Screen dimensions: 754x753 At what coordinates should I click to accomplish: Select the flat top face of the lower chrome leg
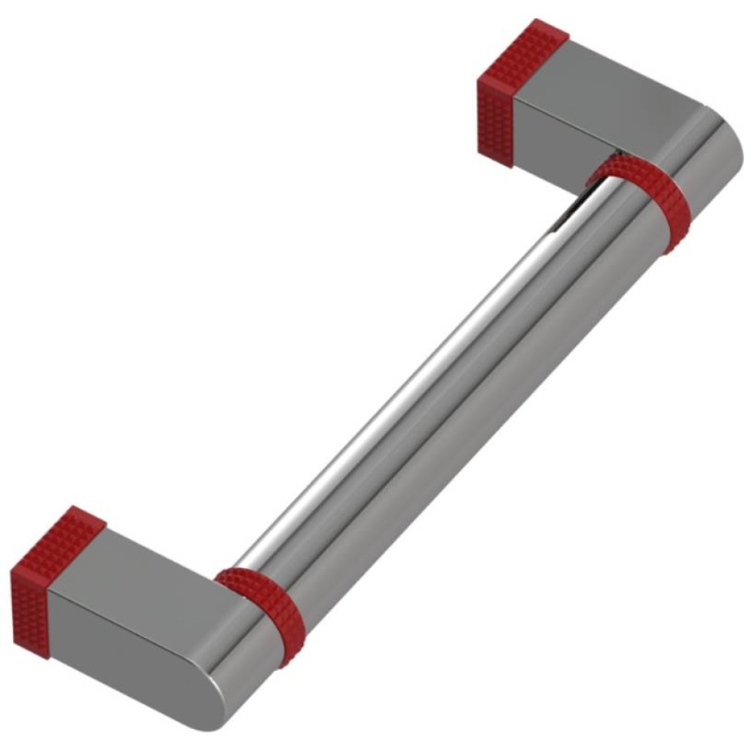(151, 573)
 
